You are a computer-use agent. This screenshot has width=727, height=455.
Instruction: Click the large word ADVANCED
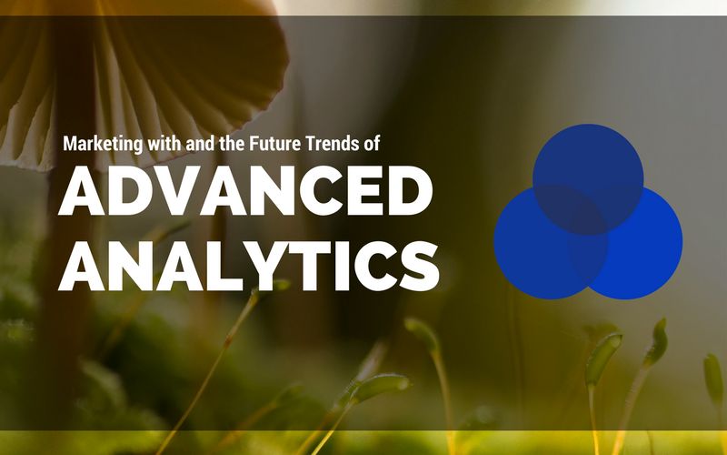tap(244, 194)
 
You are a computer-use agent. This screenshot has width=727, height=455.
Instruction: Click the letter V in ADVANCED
tap(185, 194)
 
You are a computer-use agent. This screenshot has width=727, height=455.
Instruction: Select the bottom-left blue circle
tap(536, 250)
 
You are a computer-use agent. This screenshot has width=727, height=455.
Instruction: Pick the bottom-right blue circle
tap(642, 250)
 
